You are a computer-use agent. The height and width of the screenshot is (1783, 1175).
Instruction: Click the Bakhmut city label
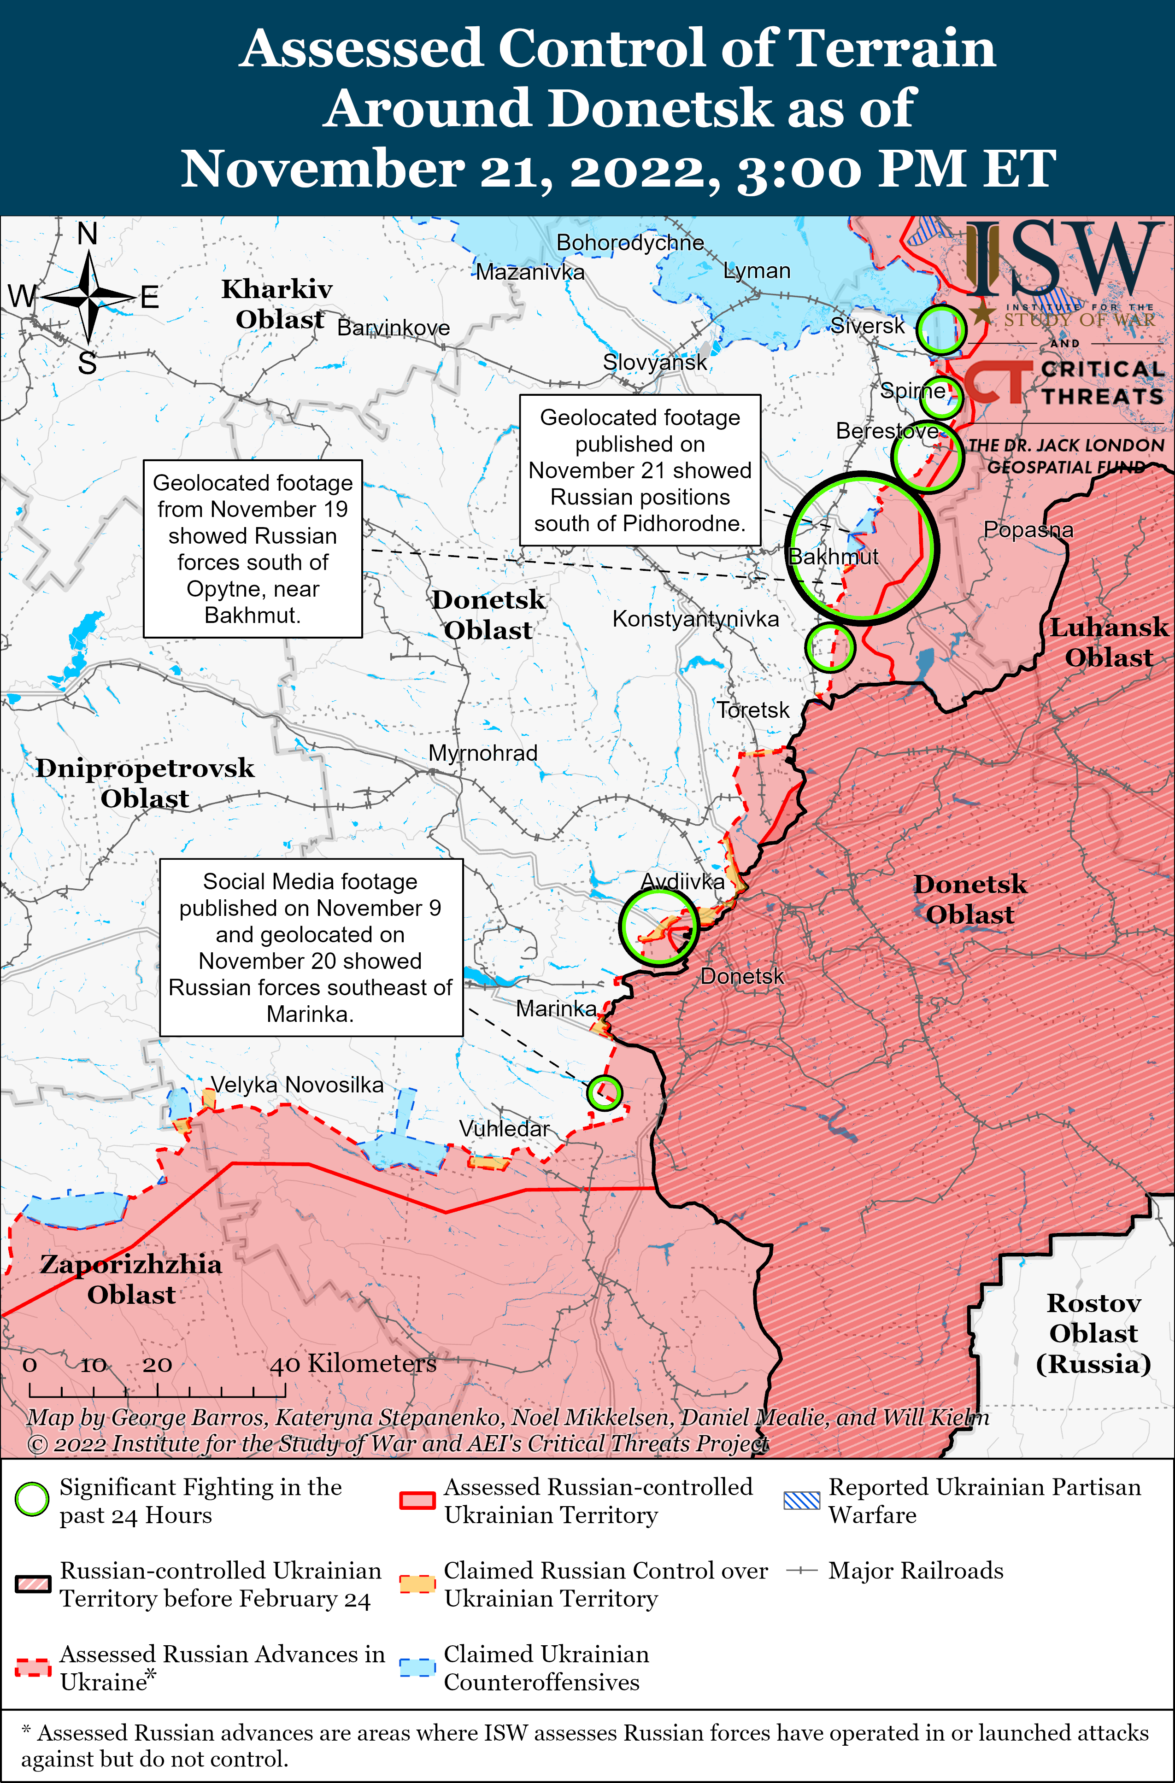[x=833, y=557]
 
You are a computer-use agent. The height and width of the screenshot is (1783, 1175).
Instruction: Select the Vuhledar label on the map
[x=504, y=1128]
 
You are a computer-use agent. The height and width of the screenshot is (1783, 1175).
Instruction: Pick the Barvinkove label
[x=394, y=328]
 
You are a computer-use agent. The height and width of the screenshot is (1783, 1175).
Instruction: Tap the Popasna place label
[x=1028, y=530]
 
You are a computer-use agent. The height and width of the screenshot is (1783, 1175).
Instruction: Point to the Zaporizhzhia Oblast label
[x=131, y=1279]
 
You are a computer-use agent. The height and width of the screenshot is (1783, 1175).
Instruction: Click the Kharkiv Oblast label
[x=277, y=304]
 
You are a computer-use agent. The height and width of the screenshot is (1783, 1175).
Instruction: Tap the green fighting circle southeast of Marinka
[x=604, y=1092]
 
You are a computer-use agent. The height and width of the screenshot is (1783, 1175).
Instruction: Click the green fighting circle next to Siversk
[x=941, y=329]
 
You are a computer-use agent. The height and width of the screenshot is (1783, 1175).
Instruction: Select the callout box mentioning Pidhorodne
[x=640, y=470]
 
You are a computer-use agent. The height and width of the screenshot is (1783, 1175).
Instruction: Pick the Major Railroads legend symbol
[x=801, y=1570]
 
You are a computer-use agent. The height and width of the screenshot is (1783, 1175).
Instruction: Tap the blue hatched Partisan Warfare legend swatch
[x=801, y=1501]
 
